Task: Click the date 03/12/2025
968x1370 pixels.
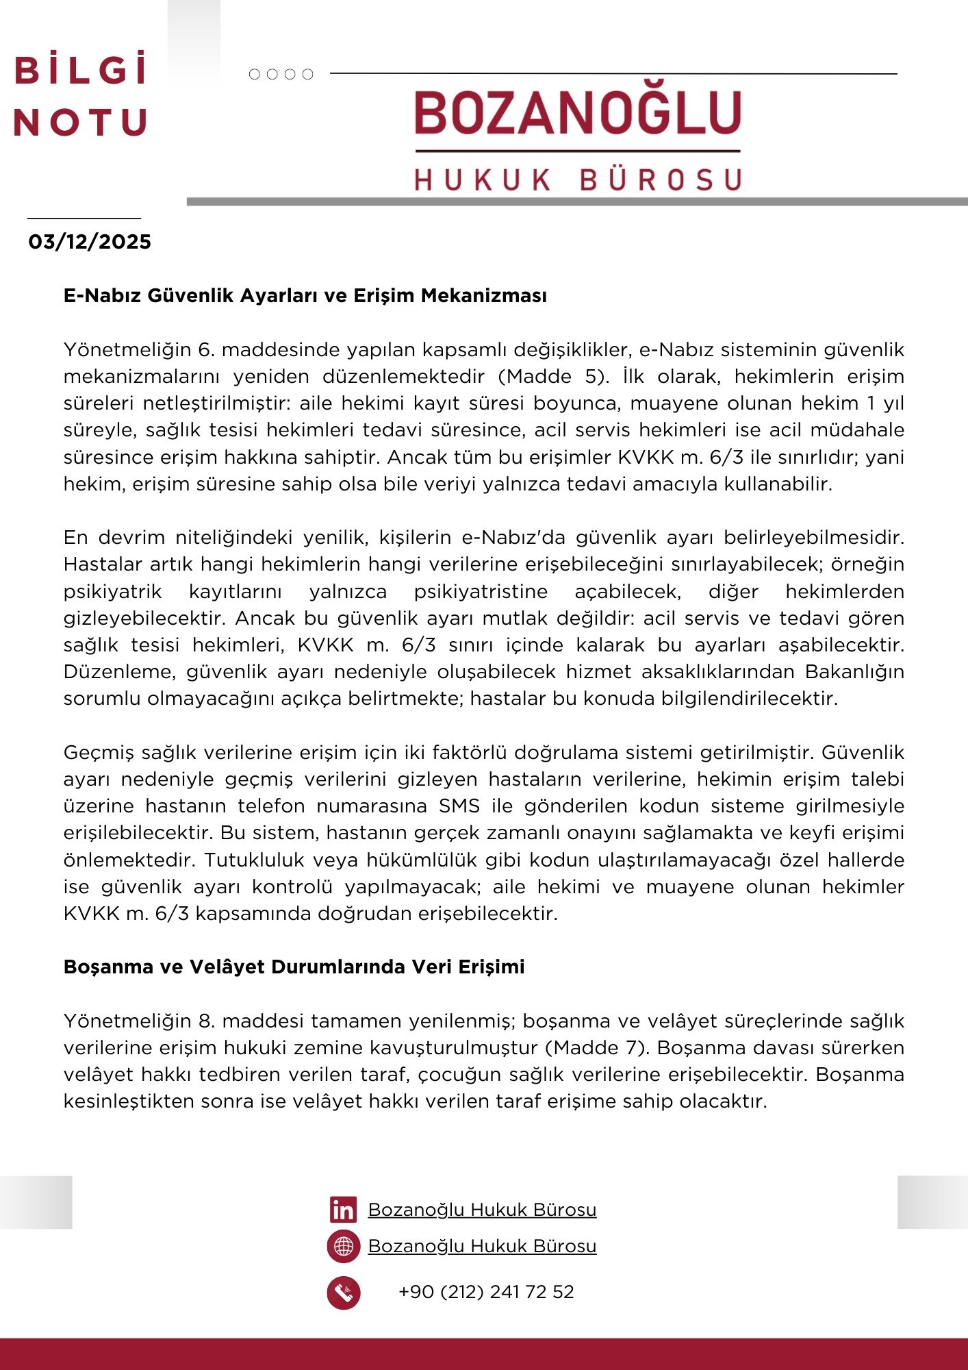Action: tap(90, 242)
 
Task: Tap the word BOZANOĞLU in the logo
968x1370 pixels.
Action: tap(578, 113)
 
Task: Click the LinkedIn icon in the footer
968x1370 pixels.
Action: tap(343, 1210)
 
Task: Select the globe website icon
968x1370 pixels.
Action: tap(343, 1246)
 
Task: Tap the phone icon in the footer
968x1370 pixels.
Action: tap(343, 1293)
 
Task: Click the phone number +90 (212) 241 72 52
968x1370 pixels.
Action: tap(486, 1292)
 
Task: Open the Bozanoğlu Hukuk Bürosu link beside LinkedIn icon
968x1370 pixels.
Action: tap(482, 1210)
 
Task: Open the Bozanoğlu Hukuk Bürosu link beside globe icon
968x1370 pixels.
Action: tap(482, 1246)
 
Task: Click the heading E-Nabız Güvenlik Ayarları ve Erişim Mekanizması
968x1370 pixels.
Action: tap(305, 296)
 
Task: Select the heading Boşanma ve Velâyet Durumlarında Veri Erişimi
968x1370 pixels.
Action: tap(294, 967)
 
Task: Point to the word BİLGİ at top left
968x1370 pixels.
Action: tap(81, 71)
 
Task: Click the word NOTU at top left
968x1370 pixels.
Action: tap(81, 123)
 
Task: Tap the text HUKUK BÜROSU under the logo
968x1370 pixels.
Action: tap(578, 179)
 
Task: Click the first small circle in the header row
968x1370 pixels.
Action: tap(255, 74)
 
